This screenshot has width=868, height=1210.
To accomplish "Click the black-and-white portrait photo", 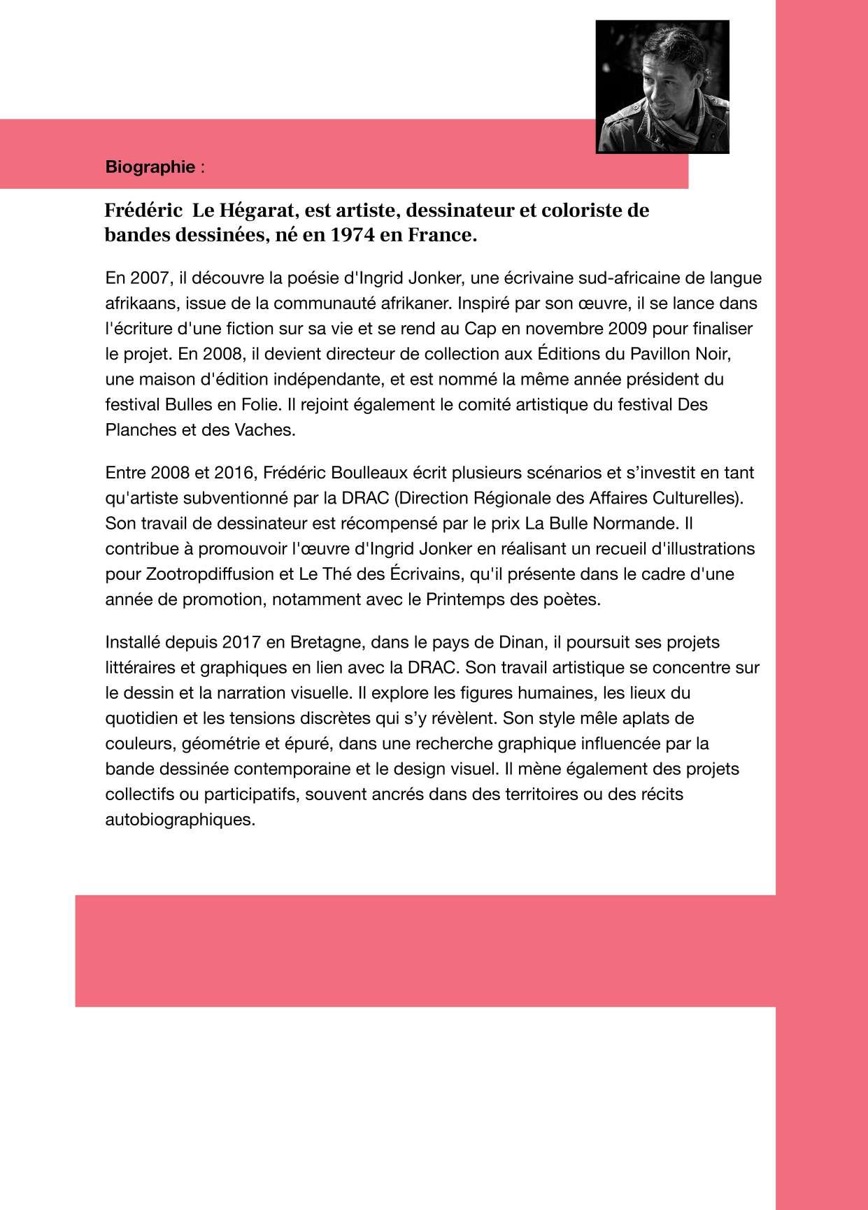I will (662, 87).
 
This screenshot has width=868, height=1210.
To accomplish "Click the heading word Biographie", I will (150, 167).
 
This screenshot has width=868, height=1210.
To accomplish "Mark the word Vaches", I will (267, 429).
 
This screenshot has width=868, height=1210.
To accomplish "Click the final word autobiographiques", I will (180, 819).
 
